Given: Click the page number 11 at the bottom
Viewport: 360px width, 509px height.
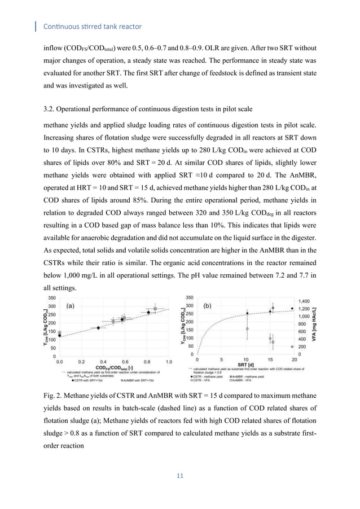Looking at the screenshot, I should coord(181,477).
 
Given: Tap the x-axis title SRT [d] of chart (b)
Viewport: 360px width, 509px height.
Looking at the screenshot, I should coord(246,365).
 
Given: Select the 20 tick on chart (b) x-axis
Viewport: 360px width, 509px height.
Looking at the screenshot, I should coord(293,359).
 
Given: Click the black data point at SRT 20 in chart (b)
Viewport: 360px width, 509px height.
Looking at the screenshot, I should coord(292,309).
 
